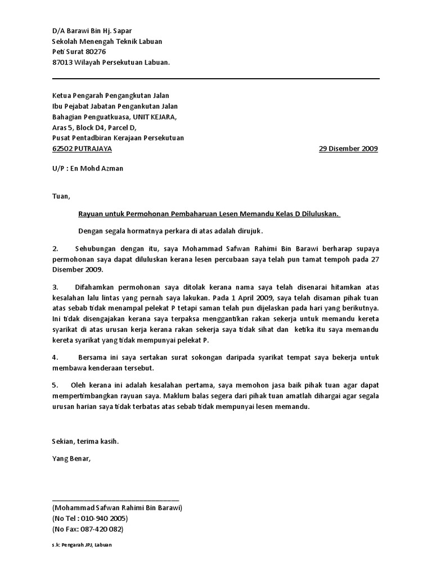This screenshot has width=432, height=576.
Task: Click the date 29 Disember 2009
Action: coord(348,149)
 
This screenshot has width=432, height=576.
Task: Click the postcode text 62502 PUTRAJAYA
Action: coord(82,149)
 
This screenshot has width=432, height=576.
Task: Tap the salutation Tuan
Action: coord(61,196)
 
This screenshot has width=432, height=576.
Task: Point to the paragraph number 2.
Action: coord(55,248)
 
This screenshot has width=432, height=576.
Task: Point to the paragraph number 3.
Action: coord(55,287)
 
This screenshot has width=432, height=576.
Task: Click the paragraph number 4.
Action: coord(55,357)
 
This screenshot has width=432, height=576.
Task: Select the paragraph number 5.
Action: coord(55,385)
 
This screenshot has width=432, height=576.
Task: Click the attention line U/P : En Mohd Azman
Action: coord(87,168)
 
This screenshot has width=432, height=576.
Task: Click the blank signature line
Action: coord(115,499)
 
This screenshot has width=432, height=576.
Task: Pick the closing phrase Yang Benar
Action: coord(70,458)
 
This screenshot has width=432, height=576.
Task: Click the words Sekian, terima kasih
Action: coord(85,442)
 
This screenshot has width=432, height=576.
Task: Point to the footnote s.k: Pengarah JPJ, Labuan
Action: coord(82,546)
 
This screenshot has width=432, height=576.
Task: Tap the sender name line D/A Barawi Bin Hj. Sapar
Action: coord(92,31)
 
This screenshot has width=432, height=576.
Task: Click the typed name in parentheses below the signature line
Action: coord(117,507)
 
